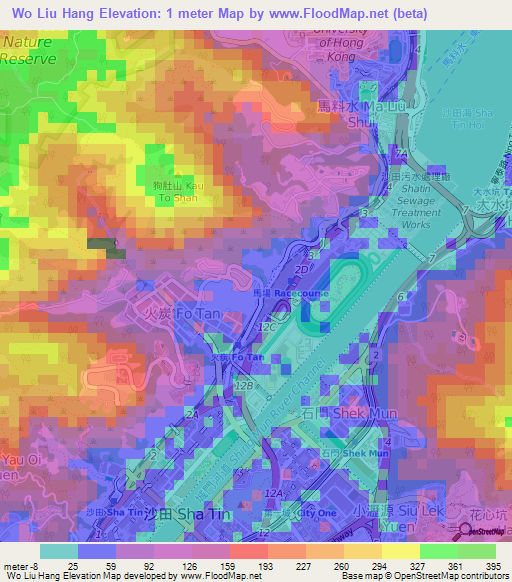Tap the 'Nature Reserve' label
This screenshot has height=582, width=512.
29,51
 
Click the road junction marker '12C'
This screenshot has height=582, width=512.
266,327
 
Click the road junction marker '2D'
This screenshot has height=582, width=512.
298,270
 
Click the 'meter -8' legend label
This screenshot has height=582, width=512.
20,565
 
